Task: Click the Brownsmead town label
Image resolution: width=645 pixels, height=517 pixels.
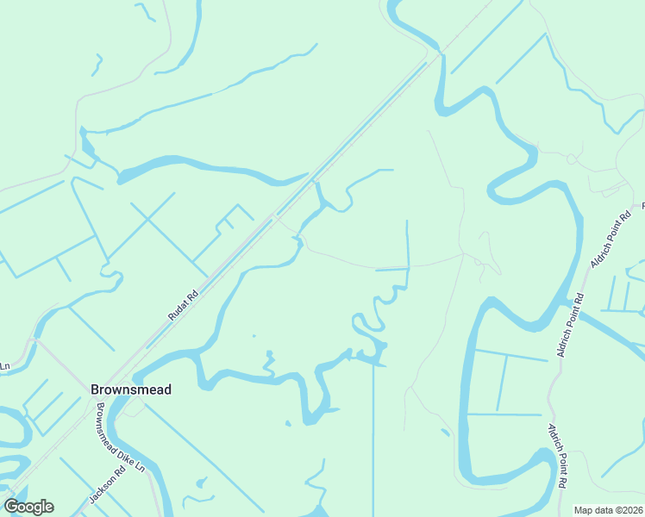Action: click(x=131, y=389)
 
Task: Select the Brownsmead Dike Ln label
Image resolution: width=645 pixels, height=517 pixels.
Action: click(x=121, y=438)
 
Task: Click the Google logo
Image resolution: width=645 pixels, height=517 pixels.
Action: click(x=28, y=507)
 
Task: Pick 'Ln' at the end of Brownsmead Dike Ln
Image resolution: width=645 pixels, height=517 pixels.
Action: click(x=141, y=466)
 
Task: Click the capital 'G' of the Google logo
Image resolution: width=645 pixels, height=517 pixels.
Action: click(x=13, y=507)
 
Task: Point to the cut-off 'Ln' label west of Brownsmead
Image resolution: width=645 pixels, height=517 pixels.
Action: click(x=4, y=366)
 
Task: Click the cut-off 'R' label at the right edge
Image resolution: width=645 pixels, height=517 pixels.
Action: click(x=642, y=207)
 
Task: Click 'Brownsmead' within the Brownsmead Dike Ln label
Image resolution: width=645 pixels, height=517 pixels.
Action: click(x=110, y=423)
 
